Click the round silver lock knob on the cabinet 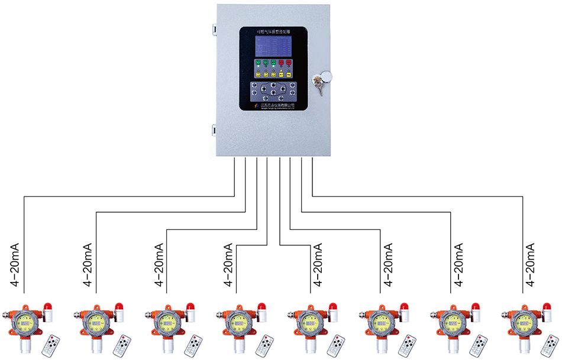(324, 77)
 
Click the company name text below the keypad (278, 104)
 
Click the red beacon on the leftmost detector (47, 309)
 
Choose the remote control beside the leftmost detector (51, 345)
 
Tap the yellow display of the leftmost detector (25, 322)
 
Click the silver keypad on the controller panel (273, 91)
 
